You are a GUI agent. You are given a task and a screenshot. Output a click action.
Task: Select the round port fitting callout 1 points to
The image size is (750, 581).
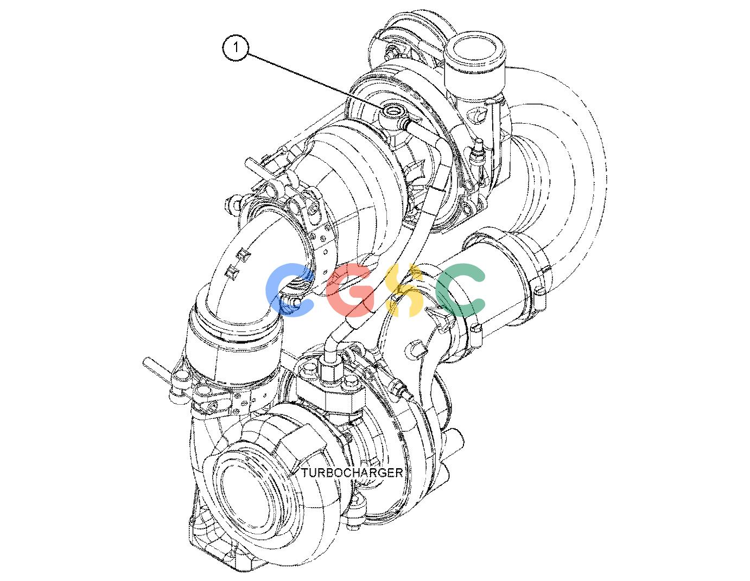pyautogui.click(x=394, y=111)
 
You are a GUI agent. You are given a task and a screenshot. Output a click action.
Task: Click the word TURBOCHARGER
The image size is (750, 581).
pyautogui.click(x=352, y=473)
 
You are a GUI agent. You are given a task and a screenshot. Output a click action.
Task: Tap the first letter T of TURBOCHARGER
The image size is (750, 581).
pyautogui.click(x=305, y=473)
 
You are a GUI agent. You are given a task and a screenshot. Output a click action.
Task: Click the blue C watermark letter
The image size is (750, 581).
pyautogui.click(x=290, y=290)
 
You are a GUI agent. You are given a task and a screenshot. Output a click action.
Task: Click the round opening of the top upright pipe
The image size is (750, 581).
pyautogui.click(x=475, y=50)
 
